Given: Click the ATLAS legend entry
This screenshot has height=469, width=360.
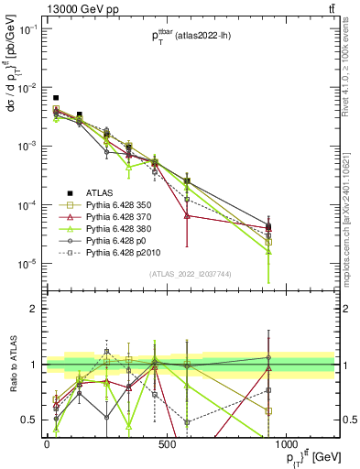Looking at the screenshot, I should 99,192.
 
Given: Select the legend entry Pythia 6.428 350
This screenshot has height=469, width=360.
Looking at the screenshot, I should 120,204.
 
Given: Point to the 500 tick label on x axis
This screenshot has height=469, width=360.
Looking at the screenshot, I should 166,444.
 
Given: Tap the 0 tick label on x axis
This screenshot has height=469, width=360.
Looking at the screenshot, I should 47,444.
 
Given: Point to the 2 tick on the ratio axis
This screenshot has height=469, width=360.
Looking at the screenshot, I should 34,309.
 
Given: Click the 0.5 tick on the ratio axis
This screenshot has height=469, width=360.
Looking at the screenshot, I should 30,420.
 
